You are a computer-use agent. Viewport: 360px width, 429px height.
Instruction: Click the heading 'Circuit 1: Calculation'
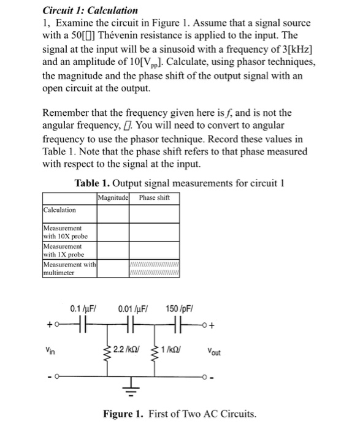tap(90, 10)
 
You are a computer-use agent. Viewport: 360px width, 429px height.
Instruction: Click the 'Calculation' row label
tap(61, 210)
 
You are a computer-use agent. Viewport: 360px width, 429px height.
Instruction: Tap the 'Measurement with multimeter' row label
tap(67, 269)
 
